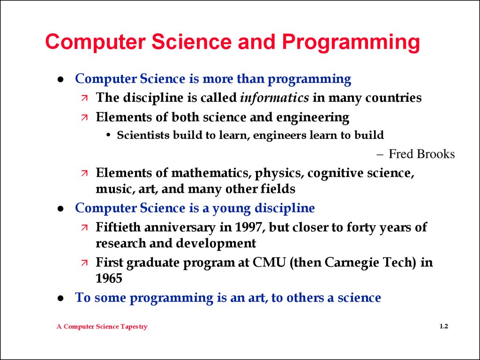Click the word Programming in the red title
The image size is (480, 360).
[x=351, y=42]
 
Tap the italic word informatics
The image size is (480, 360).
[x=275, y=97]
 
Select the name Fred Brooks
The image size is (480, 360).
[x=421, y=154]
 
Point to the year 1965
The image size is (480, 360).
[x=109, y=278]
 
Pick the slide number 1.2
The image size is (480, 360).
[x=444, y=326]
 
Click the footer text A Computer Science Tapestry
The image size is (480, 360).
[x=102, y=327]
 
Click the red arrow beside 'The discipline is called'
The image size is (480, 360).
[x=84, y=98]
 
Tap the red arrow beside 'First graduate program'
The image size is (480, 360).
[x=84, y=262]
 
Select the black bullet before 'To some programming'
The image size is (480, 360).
[x=60, y=298]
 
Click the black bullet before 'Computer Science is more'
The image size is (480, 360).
[x=60, y=79]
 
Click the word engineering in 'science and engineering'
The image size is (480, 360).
[x=313, y=118]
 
